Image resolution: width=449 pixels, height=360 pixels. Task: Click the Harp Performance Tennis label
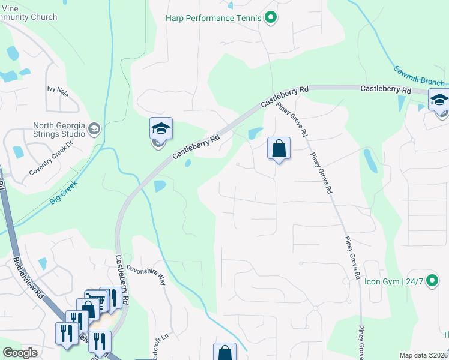tap(213, 18)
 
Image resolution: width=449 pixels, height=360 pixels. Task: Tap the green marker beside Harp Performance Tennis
tap(271, 18)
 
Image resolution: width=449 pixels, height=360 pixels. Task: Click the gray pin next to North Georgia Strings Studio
tap(94, 128)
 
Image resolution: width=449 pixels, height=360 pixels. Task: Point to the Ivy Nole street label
tap(58, 91)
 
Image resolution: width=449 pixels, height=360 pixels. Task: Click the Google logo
tap(20, 353)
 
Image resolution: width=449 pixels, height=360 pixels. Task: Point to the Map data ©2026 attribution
tap(424, 355)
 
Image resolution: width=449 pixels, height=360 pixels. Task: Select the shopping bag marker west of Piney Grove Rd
tap(279, 148)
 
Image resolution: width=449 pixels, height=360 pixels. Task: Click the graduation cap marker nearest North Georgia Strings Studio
tap(161, 128)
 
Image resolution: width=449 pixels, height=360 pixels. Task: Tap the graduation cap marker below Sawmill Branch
tap(439, 100)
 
